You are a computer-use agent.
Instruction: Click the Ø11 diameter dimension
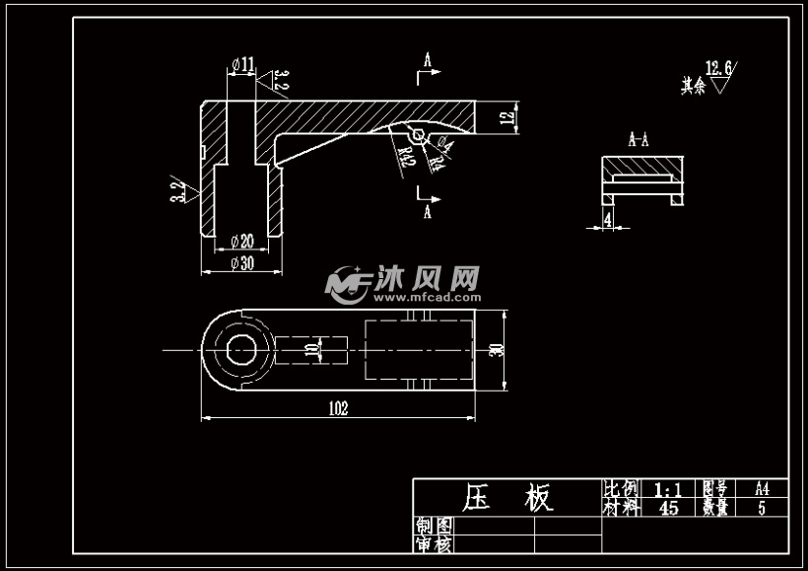click(242, 65)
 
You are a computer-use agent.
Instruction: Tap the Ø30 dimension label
click(241, 263)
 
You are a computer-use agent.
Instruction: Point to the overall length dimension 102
click(338, 408)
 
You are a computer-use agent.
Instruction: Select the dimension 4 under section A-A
click(608, 218)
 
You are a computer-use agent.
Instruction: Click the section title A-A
click(639, 140)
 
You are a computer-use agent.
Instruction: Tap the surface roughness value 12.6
click(719, 69)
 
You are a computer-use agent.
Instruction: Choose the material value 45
click(668, 509)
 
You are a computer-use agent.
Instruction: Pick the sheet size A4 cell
click(762, 489)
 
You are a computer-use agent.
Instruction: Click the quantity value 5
click(762, 509)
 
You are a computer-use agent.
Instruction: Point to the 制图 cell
click(434, 526)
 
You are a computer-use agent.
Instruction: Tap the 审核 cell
click(434, 544)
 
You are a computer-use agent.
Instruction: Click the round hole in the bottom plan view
click(239, 349)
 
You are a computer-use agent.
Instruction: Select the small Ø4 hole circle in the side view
click(419, 133)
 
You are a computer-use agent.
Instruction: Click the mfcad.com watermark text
click(426, 295)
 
